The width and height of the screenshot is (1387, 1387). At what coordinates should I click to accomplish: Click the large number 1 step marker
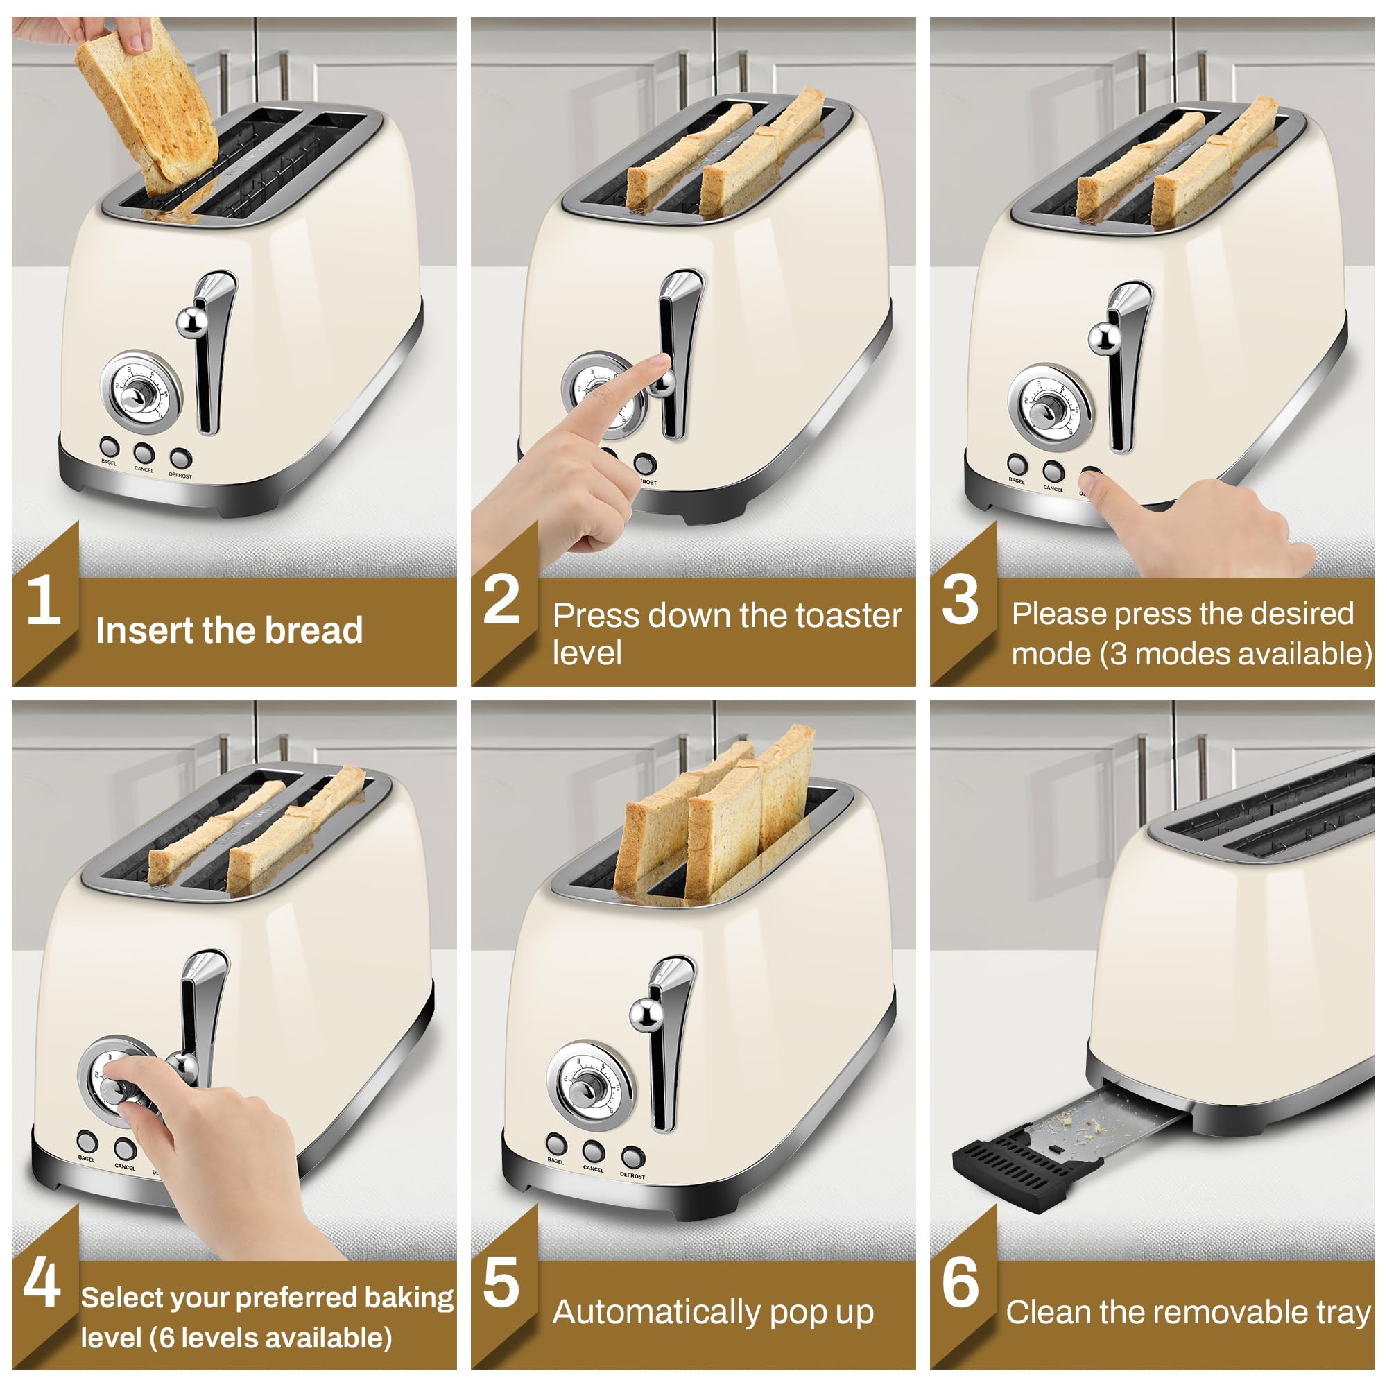coord(43,599)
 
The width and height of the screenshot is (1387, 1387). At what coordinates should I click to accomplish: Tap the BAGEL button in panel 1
coord(109,446)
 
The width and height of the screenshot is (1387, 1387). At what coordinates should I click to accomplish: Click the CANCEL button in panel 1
coord(144,452)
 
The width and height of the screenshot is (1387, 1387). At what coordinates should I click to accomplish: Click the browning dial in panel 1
coord(141,392)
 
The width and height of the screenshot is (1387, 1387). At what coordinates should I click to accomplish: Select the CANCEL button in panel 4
coord(125,1148)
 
